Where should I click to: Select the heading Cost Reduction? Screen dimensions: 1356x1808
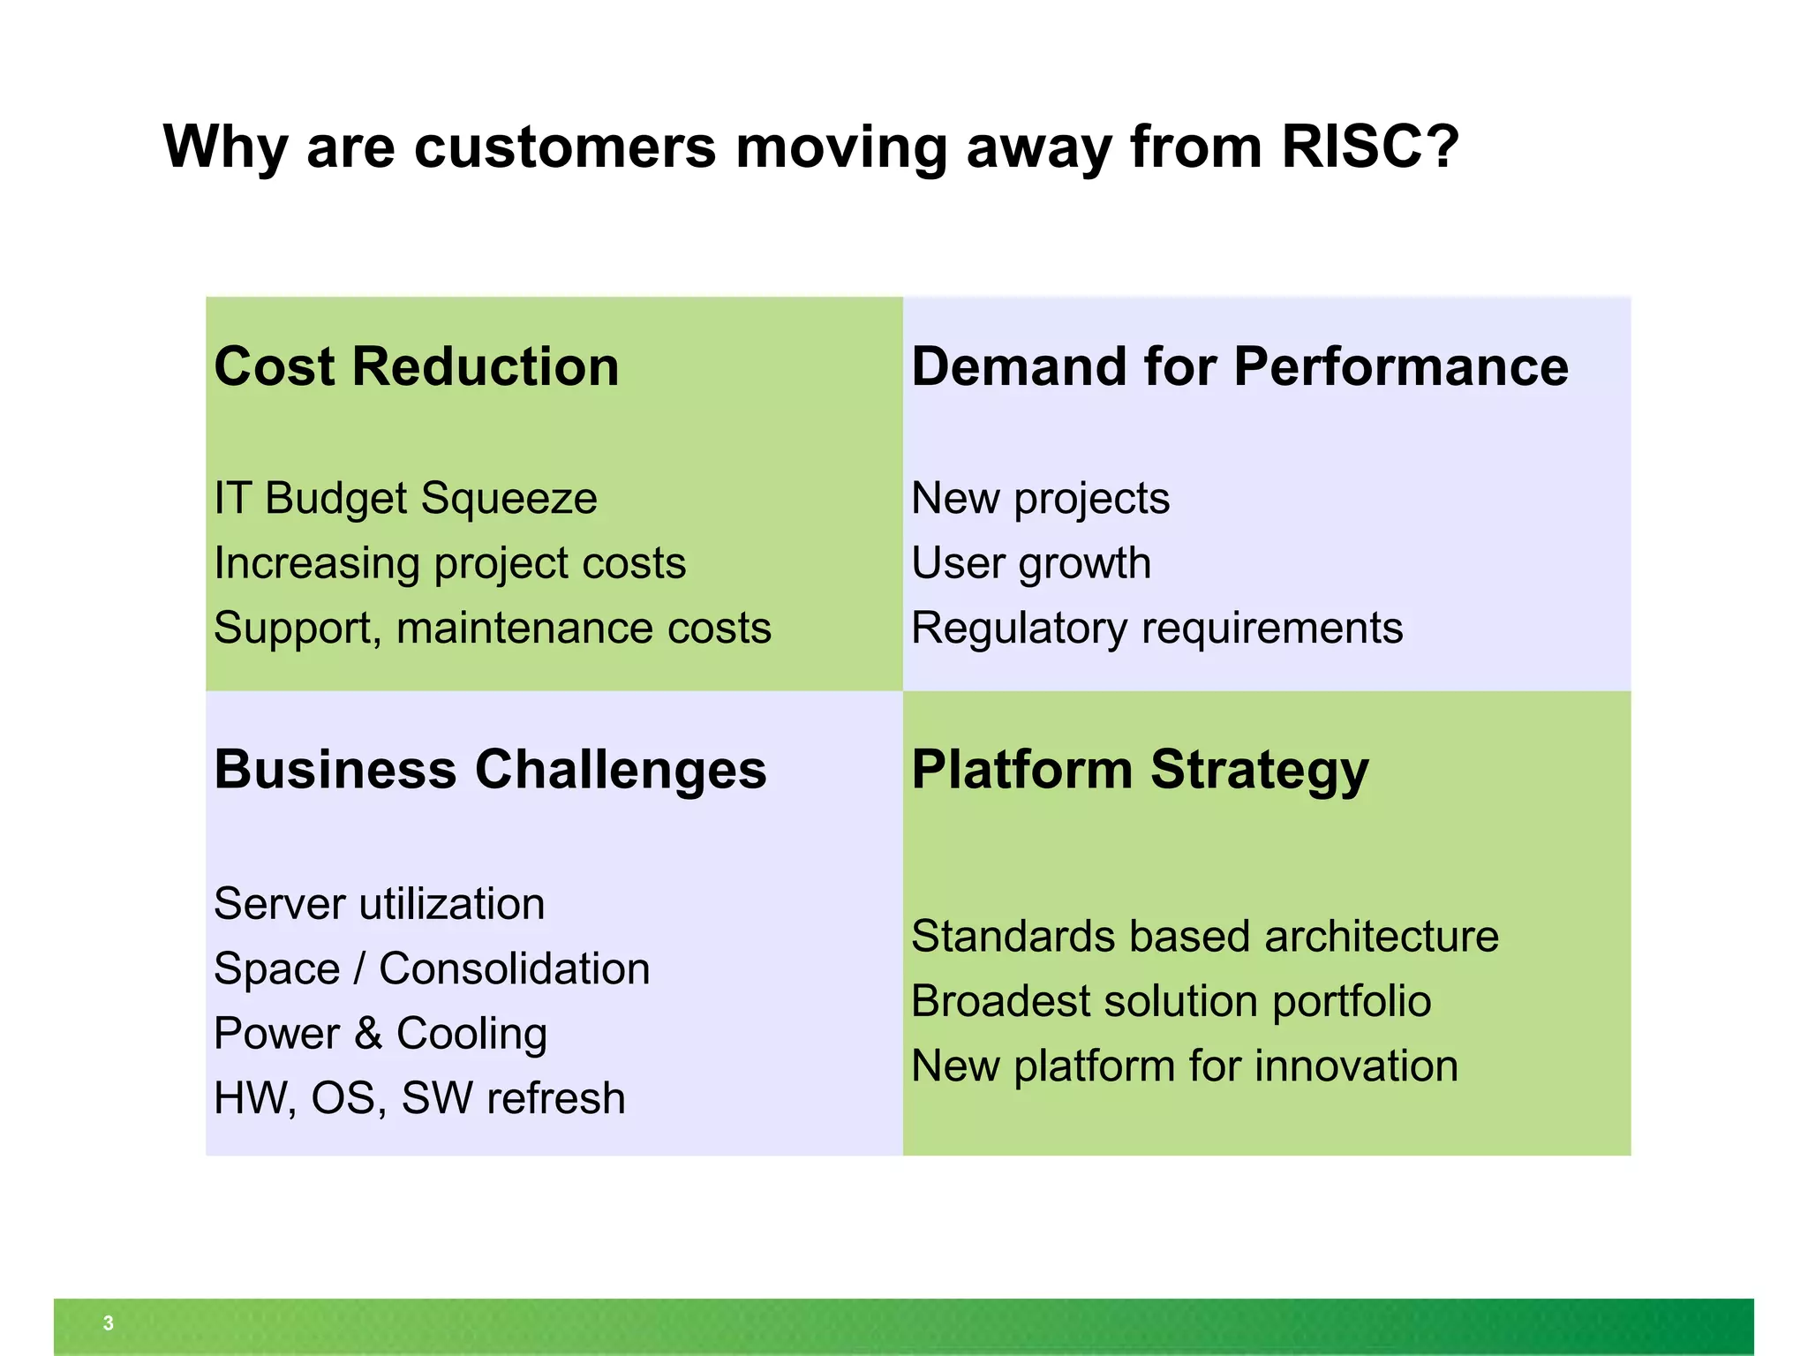click(416, 366)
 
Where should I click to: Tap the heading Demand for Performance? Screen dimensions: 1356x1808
click(1239, 366)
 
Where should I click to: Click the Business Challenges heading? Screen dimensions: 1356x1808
click(490, 769)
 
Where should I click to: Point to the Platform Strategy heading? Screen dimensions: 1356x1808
click(1140, 769)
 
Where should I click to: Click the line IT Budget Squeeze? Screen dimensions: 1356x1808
click(405, 499)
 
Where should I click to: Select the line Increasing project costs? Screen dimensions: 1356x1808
click(449, 563)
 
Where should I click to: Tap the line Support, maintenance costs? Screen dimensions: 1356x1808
click(492, 629)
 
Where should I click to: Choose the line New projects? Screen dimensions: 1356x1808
click(1040, 499)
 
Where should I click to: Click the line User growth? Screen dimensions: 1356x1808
click(1030, 563)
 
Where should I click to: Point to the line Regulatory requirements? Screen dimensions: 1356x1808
click(1156, 629)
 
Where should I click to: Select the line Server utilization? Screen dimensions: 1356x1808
click(379, 904)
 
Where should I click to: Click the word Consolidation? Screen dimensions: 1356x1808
click(514, 969)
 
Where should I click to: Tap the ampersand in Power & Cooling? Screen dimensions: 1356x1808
click(368, 1034)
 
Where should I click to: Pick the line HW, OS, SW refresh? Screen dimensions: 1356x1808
click(419, 1099)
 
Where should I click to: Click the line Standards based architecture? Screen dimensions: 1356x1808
click(1204, 937)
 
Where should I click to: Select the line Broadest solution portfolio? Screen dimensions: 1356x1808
click(1171, 1002)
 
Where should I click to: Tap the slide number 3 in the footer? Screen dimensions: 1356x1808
click(108, 1323)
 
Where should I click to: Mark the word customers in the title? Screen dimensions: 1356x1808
click(564, 146)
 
